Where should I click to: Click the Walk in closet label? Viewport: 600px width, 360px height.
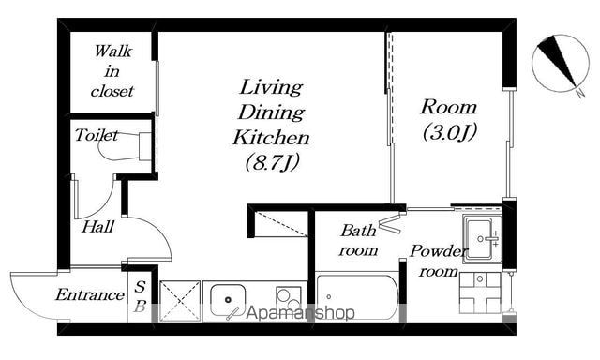pyautogui.click(x=112, y=71)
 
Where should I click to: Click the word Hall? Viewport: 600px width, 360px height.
pyautogui.click(x=97, y=227)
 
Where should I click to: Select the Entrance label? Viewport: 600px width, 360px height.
pyautogui.click(x=90, y=295)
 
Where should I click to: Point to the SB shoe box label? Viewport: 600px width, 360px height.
pyautogui.click(x=140, y=296)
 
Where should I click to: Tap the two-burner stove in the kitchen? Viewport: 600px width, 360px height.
pyautogui.click(x=289, y=298)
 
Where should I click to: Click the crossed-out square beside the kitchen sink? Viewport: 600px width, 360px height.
pyautogui.click(x=180, y=301)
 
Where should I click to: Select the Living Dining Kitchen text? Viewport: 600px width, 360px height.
pyautogui.click(x=271, y=112)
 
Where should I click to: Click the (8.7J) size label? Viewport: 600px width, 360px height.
pyautogui.click(x=272, y=162)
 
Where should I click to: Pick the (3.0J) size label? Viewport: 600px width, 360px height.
pyautogui.click(x=450, y=132)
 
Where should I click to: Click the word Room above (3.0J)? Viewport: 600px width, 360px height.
pyautogui.click(x=449, y=107)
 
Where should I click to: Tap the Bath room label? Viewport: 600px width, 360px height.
pyautogui.click(x=358, y=240)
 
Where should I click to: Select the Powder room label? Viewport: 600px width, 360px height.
pyautogui.click(x=439, y=262)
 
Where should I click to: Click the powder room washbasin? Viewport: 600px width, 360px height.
pyautogui.click(x=482, y=239)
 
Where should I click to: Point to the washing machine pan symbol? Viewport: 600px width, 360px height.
pyautogui.click(x=480, y=292)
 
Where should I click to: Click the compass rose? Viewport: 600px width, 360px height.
pyautogui.click(x=560, y=63)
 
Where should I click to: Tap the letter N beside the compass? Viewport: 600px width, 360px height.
pyautogui.click(x=581, y=93)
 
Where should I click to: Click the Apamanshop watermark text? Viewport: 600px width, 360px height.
pyautogui.click(x=300, y=313)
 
